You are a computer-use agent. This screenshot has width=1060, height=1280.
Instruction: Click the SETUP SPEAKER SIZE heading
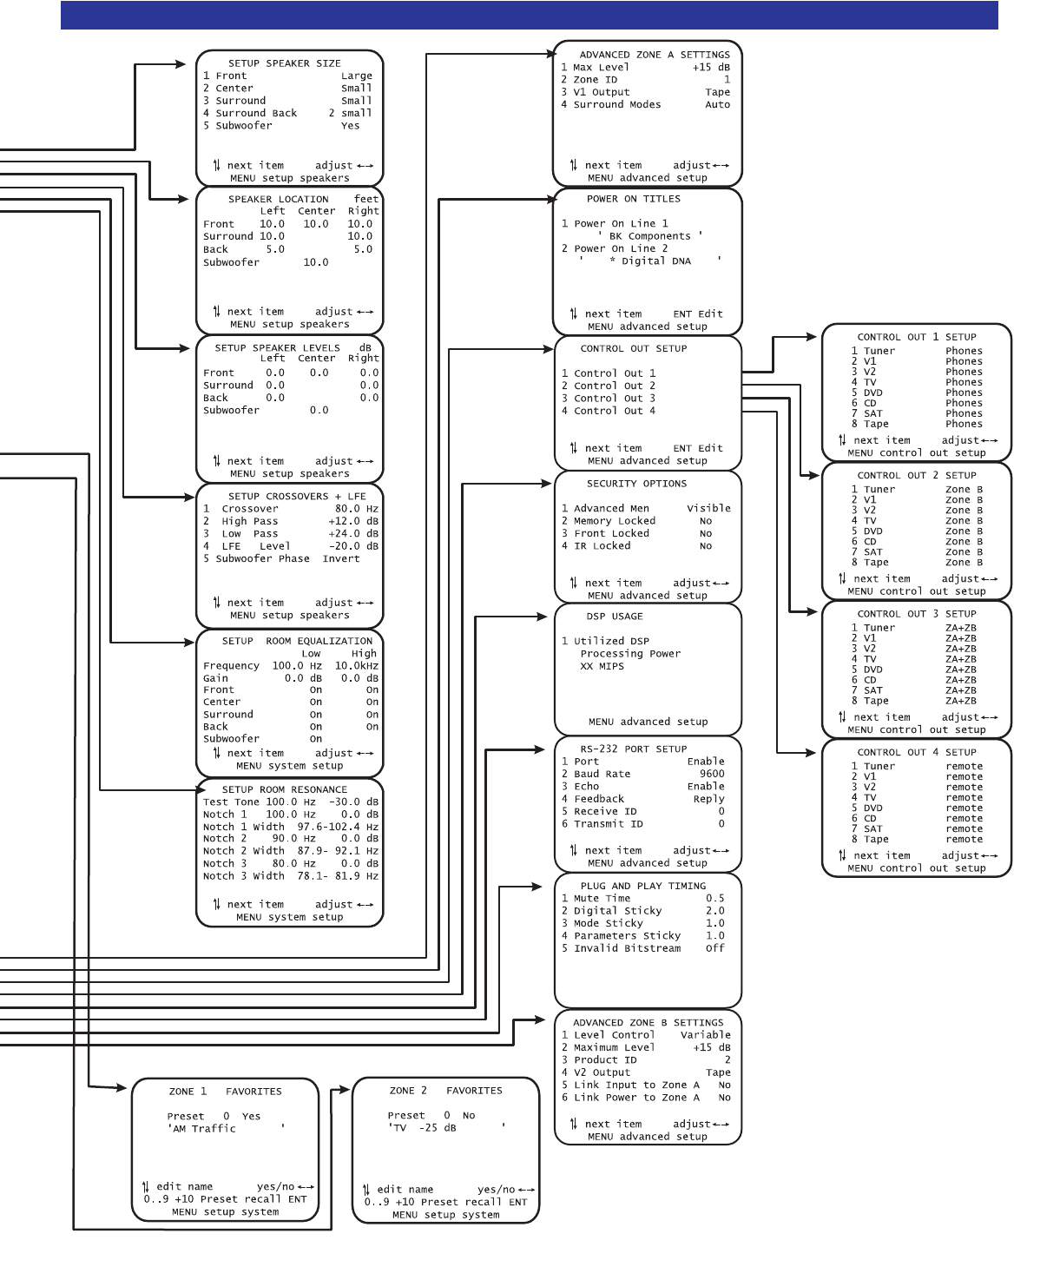(284, 63)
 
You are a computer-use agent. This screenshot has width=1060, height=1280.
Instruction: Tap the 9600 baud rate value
(711, 774)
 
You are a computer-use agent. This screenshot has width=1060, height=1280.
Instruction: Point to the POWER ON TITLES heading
(633, 199)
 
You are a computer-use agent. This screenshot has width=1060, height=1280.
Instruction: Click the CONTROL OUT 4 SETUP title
(916, 753)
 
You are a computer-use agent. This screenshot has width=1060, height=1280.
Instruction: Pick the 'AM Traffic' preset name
(202, 1129)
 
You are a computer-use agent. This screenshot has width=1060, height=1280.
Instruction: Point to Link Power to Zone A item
(635, 1098)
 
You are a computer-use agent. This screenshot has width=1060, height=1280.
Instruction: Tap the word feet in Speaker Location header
(366, 199)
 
